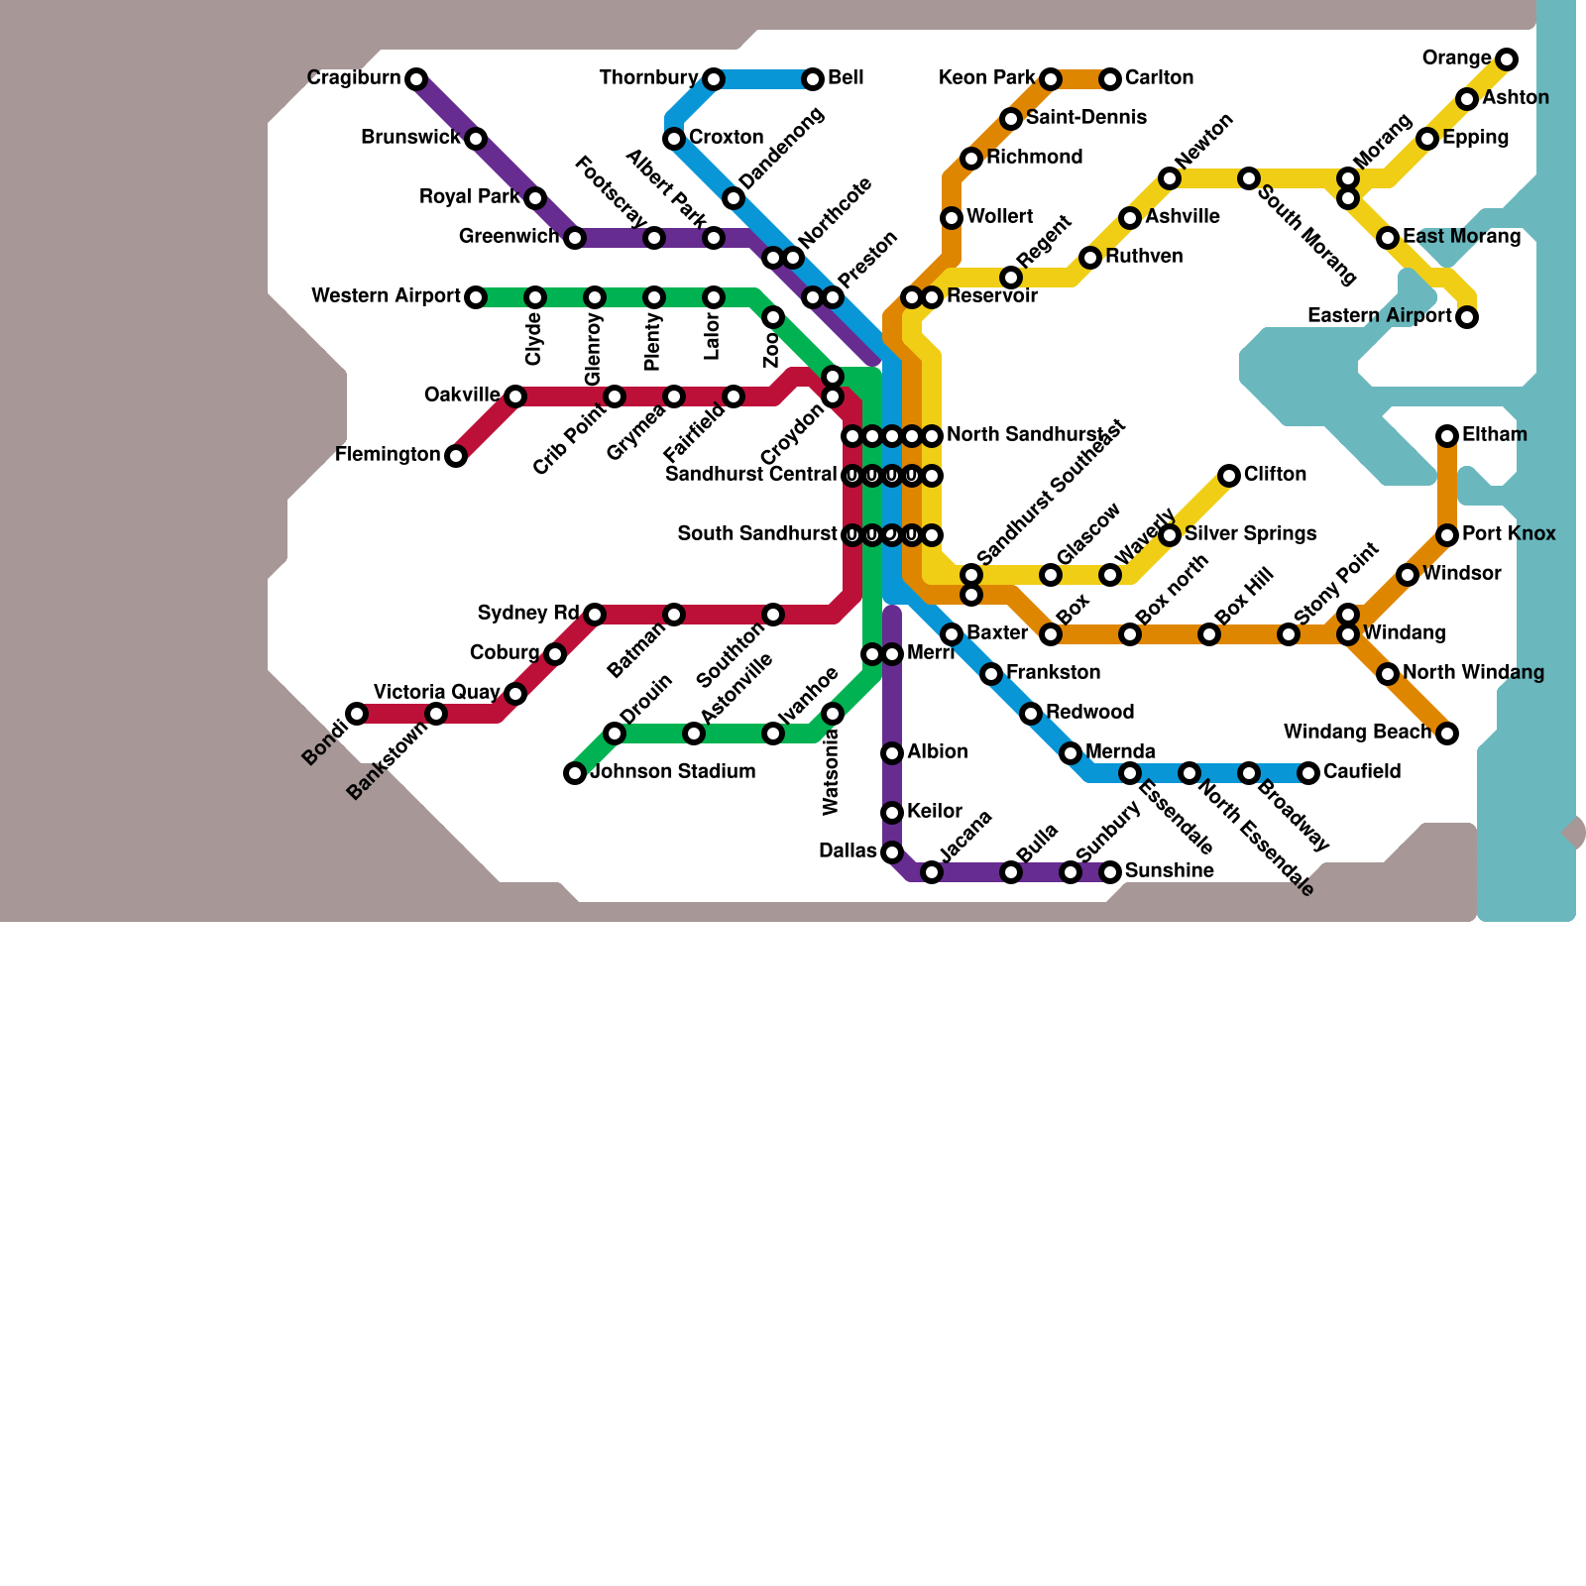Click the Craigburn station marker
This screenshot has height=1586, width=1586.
tap(416, 79)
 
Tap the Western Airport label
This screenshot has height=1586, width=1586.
tap(386, 296)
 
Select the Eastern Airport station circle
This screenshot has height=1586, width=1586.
tap(1467, 317)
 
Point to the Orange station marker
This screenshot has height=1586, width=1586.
tap(1507, 59)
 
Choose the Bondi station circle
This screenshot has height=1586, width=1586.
tap(357, 714)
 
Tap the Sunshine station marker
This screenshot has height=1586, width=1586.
tap(1110, 872)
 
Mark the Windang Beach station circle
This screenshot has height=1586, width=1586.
tap(1447, 734)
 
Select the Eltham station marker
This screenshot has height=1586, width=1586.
tap(1447, 436)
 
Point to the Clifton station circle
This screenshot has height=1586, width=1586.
tap(1229, 476)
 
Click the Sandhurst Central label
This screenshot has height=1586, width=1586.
tap(750, 475)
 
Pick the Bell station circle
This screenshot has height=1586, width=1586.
tap(813, 79)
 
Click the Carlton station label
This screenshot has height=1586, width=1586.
tap(1159, 78)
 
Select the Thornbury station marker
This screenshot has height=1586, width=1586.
tap(714, 79)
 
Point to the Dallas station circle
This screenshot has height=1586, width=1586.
tap(892, 852)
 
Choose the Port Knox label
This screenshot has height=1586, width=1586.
tap(1508, 534)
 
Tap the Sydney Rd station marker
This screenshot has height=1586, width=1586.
tap(595, 615)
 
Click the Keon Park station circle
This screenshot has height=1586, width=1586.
tap(1051, 79)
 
